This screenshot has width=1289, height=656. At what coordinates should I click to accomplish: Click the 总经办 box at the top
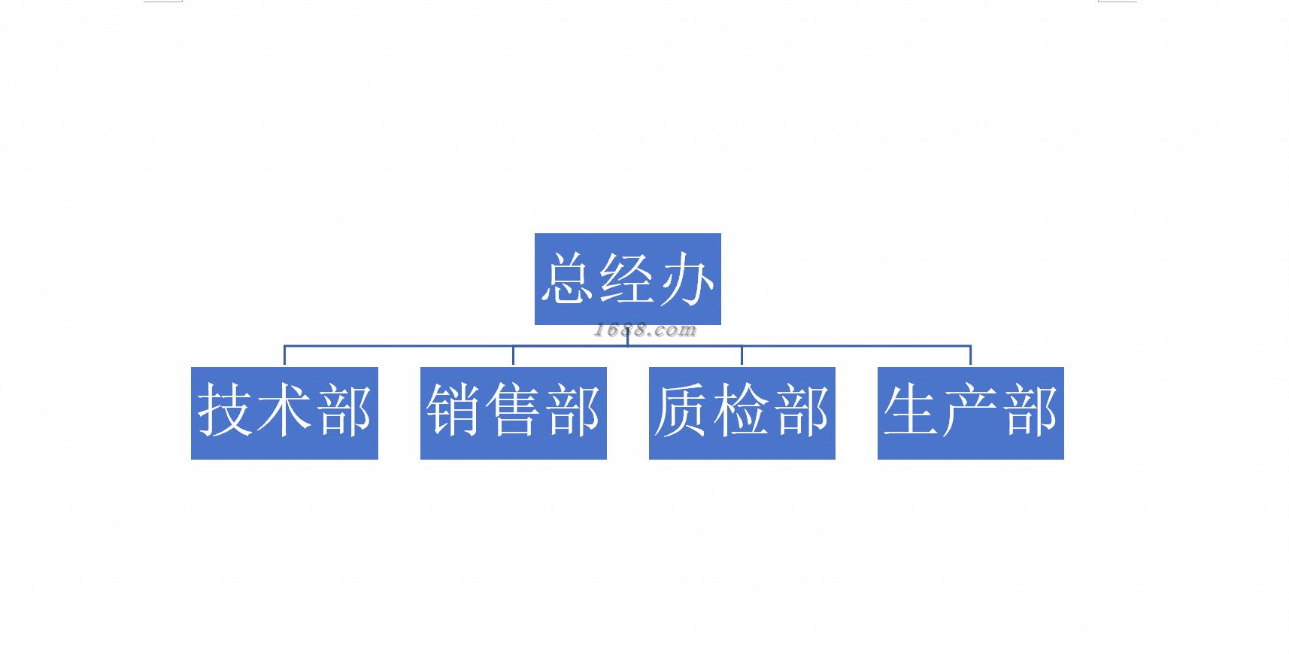[627, 279]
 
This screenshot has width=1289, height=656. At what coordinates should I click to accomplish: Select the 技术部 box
[284, 413]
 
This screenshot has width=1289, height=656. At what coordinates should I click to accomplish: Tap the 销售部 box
[514, 413]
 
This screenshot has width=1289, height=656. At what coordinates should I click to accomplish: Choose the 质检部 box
[742, 413]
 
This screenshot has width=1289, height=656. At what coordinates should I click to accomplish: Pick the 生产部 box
[970, 413]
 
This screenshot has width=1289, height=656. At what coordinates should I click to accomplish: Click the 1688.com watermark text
[644, 330]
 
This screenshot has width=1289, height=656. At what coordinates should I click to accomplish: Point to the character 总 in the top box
[567, 278]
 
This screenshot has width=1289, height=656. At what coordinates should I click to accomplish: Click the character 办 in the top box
[687, 278]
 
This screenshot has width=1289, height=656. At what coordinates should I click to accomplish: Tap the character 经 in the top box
[626, 278]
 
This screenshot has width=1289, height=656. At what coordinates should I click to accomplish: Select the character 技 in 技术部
[225, 410]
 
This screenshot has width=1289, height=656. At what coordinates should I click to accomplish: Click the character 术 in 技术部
[284, 409]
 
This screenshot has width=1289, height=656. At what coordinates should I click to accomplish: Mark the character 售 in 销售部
[513, 409]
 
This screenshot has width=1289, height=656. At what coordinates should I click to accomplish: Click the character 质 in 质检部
[682, 410]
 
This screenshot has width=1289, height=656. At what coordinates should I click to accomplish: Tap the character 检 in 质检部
[742, 410]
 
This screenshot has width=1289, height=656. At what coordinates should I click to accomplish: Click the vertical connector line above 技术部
[284, 355]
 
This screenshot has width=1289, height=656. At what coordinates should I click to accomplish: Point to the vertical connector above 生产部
[970, 355]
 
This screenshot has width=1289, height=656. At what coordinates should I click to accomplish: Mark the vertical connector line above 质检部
[742, 355]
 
